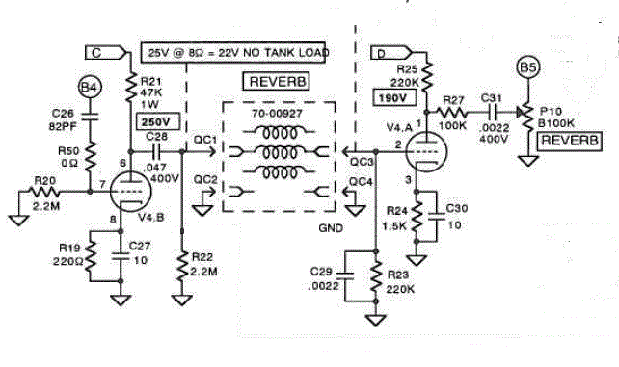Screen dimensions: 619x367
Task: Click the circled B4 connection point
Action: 90,88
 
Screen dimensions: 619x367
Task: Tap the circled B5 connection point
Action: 527,67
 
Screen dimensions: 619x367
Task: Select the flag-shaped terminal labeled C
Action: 105,52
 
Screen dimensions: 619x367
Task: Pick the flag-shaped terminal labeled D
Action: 390,53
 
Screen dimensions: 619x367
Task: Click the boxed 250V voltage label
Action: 156,122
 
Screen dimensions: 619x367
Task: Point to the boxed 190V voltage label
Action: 394,97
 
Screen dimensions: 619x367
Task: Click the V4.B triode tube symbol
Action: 130,192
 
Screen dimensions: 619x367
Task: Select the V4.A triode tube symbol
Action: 427,152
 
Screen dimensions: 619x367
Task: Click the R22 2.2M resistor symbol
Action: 181,267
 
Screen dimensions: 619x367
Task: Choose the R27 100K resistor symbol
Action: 451,113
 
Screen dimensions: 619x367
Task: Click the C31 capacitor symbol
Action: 493,113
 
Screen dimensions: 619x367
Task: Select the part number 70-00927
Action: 277,114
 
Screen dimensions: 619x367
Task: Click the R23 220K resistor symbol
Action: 376,275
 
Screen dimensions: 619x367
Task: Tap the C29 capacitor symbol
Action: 345,275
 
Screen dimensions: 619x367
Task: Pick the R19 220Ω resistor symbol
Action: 90,255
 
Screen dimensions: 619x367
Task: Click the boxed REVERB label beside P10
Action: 569,141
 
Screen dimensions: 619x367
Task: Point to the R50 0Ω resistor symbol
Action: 90,156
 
